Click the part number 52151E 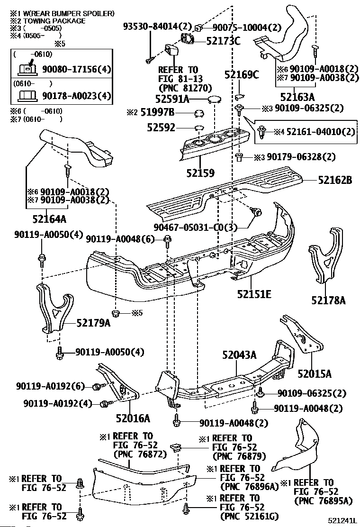tap(254, 294)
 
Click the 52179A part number tap(93, 323)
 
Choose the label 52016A tap(133, 418)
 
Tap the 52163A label tap(297, 97)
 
